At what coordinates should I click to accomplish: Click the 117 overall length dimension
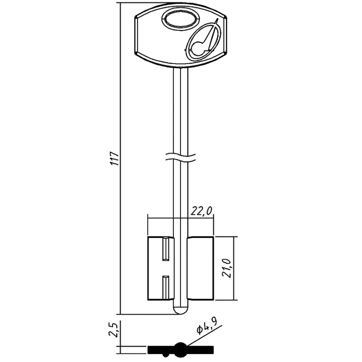(x=114, y=159)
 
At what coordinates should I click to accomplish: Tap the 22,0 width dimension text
(x=201, y=211)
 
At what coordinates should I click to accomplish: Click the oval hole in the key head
(x=180, y=21)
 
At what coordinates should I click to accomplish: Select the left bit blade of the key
(x=160, y=268)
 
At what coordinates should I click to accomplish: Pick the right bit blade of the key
(x=201, y=268)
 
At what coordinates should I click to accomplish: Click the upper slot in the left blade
(x=165, y=249)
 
